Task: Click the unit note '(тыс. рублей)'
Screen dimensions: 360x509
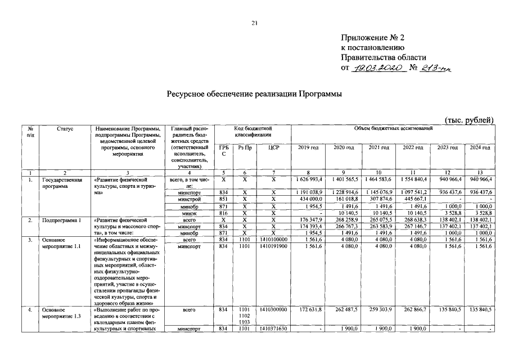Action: pos(469,119)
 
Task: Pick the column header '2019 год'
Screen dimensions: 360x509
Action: pos(308,147)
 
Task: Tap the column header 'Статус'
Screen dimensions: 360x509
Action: pos(65,129)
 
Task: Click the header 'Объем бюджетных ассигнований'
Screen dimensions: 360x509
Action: pos(393,129)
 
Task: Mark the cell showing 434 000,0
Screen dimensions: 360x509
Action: pos(309,199)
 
